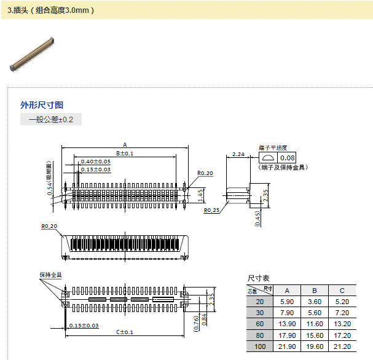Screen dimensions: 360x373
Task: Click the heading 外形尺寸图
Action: pyautogui.click(x=42, y=105)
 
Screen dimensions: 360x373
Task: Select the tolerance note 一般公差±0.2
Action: pyautogui.click(x=51, y=120)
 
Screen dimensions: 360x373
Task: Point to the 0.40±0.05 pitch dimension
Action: pyautogui.click(x=96, y=161)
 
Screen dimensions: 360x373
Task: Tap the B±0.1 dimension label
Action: pyautogui.click(x=125, y=153)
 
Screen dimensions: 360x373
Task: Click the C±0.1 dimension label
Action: pyautogui.click(x=125, y=332)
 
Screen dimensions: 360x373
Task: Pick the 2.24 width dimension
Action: pyautogui.click(x=239, y=154)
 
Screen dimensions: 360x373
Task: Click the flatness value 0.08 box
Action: pyautogui.click(x=288, y=158)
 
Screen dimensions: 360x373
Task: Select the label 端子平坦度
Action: pyautogui.click(x=273, y=148)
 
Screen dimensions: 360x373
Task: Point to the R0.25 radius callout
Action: pyautogui.click(x=212, y=210)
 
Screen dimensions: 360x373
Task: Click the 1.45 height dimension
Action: pyautogui.click(x=201, y=195)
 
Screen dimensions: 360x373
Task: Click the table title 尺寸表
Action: pyautogui.click(x=258, y=278)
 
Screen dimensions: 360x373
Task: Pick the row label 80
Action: pyautogui.click(x=259, y=335)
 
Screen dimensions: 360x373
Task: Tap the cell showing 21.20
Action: pyautogui.click(x=342, y=346)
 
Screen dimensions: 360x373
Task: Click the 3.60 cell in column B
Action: pyautogui.click(x=314, y=302)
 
